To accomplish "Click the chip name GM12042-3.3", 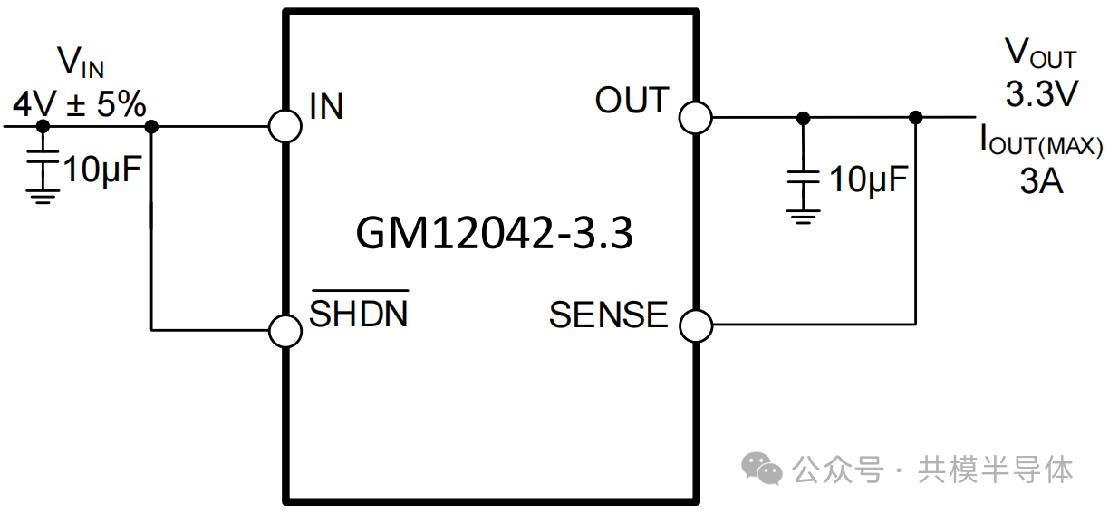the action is (x=494, y=233).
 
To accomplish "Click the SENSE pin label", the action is (x=609, y=315).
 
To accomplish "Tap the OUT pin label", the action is (x=632, y=100).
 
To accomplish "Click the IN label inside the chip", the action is (x=326, y=106).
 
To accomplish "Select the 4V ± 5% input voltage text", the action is (x=80, y=104).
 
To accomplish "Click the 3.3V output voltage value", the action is (x=1042, y=93).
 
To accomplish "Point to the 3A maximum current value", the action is (x=1042, y=180).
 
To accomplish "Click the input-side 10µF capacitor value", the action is (x=102, y=170).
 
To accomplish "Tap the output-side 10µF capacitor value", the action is (x=868, y=179).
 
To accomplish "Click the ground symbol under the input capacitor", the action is (x=43, y=197).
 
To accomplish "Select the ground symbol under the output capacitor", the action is (x=803, y=218).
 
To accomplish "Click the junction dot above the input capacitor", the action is (x=43, y=126).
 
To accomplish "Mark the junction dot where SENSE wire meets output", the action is (x=915, y=118).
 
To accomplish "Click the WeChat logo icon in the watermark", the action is (x=761, y=468).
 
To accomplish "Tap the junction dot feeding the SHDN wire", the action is (x=151, y=126).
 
